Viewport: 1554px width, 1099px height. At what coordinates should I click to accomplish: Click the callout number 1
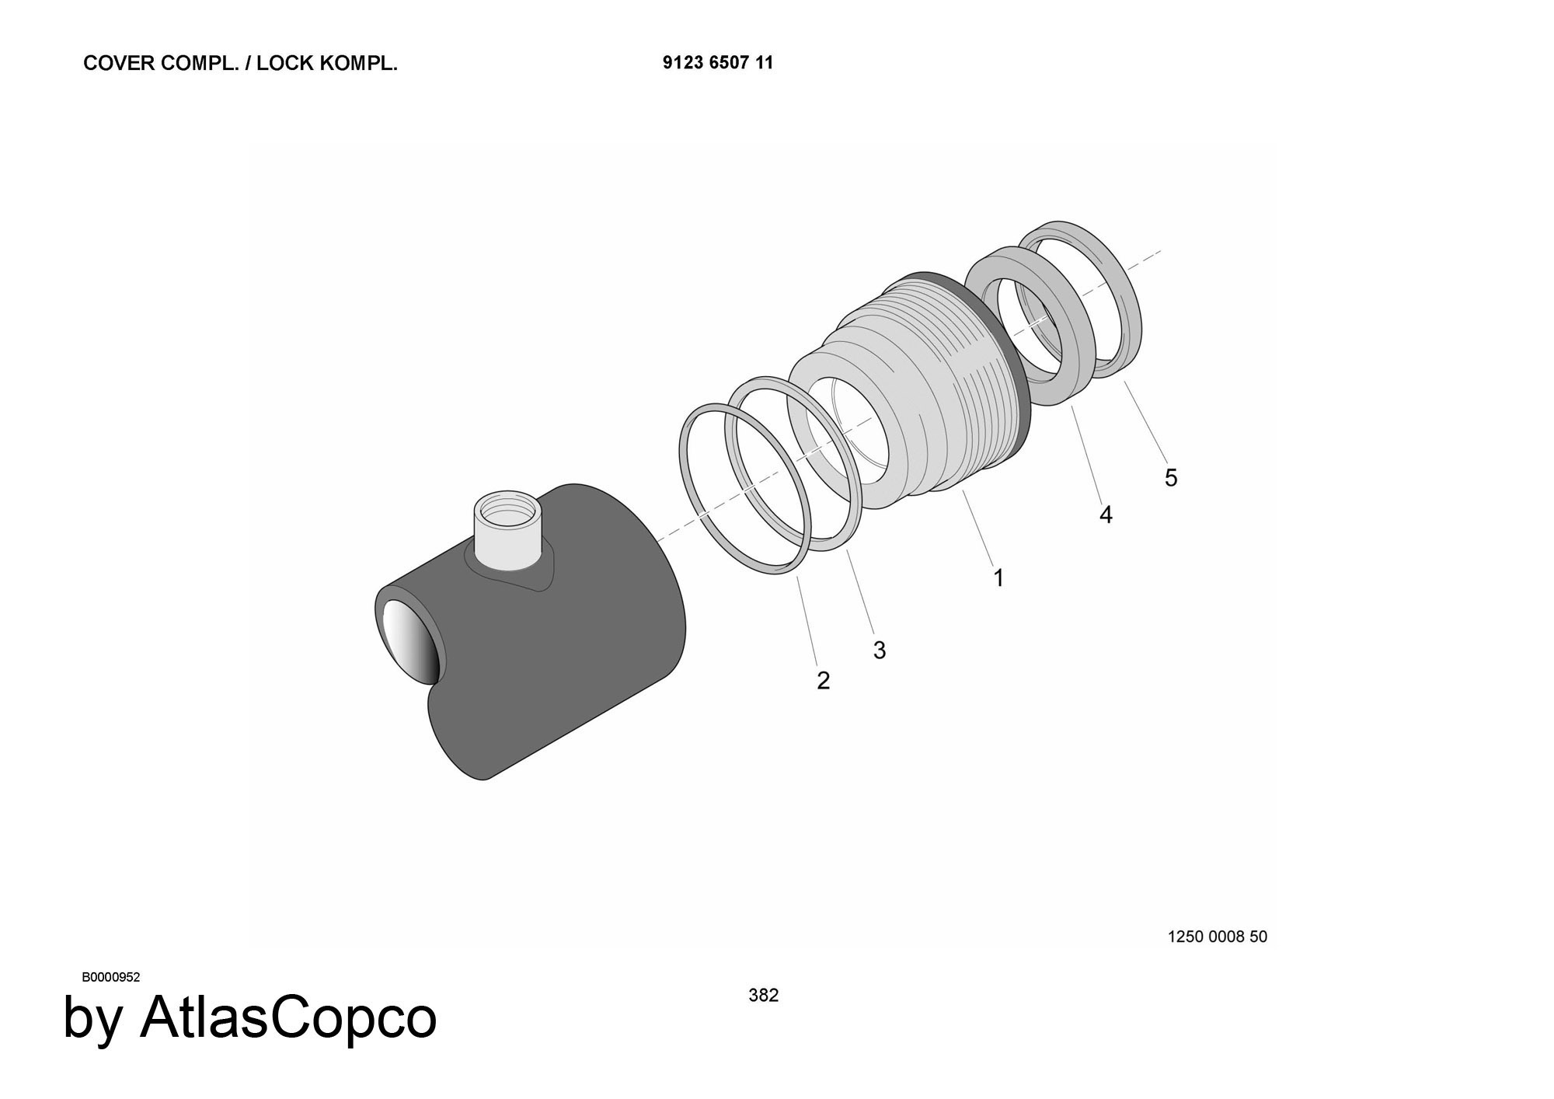998,577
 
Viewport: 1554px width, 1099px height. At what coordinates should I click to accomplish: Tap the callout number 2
824,680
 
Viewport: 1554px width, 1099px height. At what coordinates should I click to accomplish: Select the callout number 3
880,650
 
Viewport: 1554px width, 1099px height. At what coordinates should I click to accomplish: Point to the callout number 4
1106,515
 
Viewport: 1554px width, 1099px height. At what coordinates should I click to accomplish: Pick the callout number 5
1171,477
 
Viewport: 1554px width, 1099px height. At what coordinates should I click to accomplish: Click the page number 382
763,995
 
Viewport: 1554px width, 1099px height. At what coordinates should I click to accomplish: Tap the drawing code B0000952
111,977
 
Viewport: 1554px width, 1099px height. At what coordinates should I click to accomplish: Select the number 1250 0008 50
1217,937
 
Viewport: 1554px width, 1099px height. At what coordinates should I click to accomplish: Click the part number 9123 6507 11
718,63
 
